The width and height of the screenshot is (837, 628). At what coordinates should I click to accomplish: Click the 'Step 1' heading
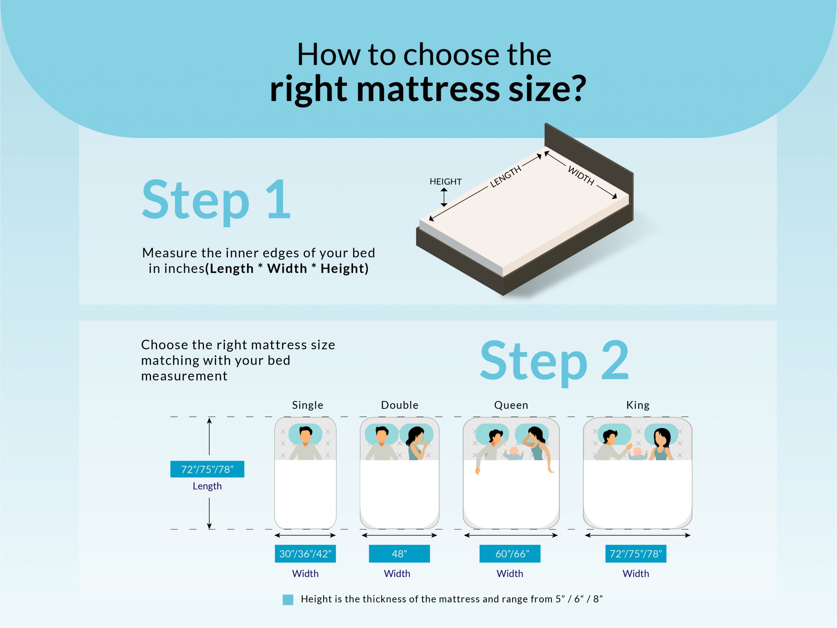(216, 201)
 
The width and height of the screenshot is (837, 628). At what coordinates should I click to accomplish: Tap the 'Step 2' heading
(554, 362)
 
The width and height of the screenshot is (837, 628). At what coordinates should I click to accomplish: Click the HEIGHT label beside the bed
(445, 182)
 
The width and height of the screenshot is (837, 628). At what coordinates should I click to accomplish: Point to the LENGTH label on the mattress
(505, 176)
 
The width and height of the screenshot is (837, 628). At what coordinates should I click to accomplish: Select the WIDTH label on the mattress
(581, 176)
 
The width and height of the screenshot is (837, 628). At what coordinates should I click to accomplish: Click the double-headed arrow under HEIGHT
(444, 197)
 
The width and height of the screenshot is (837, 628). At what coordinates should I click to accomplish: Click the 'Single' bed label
(308, 405)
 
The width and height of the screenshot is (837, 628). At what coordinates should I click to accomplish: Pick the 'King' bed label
(638, 405)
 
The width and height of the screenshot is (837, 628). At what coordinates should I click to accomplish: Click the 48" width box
(399, 554)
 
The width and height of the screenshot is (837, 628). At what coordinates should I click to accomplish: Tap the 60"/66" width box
(510, 554)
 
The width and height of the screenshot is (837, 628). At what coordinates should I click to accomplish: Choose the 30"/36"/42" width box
(305, 554)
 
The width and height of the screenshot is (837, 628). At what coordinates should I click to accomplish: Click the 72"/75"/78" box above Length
(207, 469)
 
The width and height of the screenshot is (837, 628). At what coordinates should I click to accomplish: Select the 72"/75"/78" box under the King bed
(636, 554)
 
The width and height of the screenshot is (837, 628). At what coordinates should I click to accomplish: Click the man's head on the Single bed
(305, 434)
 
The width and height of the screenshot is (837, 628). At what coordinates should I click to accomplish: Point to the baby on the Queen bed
(513, 453)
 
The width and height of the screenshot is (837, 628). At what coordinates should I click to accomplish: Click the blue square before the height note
(288, 600)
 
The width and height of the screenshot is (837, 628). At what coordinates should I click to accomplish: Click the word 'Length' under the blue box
(207, 486)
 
